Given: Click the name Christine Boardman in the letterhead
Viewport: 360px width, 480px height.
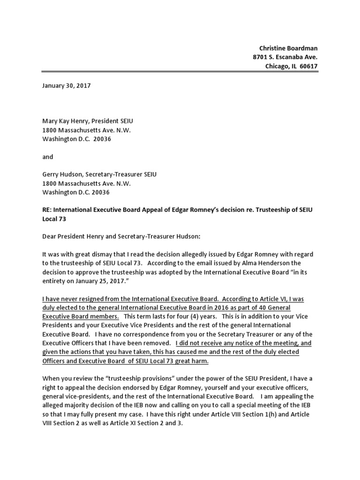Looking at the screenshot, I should point(288,48).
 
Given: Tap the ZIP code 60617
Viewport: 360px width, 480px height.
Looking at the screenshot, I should point(307,66).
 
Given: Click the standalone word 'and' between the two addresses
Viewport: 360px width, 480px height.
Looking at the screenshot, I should point(48,157).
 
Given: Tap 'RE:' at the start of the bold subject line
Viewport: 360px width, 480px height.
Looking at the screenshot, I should point(48,210).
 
